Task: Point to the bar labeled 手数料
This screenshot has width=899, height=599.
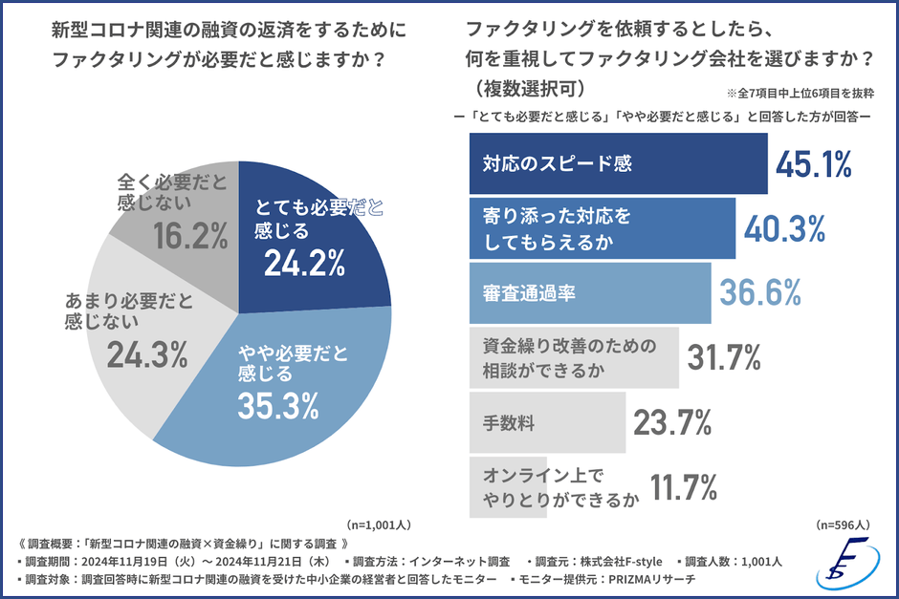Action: [546, 420]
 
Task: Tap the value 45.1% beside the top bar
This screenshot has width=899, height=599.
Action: [813, 164]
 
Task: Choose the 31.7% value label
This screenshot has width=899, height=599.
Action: [724, 357]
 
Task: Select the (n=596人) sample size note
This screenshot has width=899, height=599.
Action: [843, 524]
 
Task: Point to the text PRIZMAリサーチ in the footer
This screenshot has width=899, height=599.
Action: [649, 580]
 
